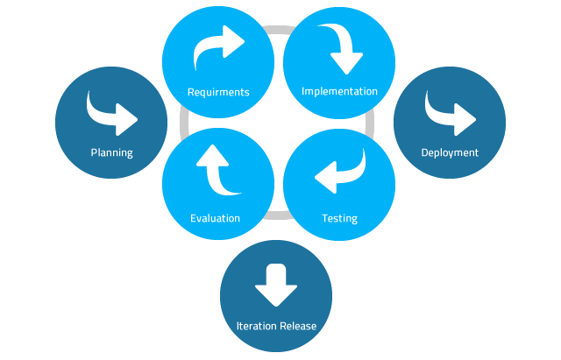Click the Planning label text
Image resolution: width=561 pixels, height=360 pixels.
pos(111,152)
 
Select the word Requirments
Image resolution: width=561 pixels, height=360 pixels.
pos(218,92)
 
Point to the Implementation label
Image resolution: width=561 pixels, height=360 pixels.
pos(339,91)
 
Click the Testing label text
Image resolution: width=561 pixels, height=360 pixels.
pos(339,218)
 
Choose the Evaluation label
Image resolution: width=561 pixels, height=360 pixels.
pos(215,218)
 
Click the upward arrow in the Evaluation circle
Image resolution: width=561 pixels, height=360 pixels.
pos(215,170)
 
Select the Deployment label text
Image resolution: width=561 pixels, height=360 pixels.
pos(450,152)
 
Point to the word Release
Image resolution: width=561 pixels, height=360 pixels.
pos(297,326)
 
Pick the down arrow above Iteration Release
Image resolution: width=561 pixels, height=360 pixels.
pos(277,283)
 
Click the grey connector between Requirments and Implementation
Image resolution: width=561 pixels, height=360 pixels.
pos(277,30)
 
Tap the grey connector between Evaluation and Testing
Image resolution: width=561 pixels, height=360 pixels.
pos(277,215)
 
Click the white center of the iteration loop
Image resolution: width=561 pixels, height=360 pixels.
pos(277,123)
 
